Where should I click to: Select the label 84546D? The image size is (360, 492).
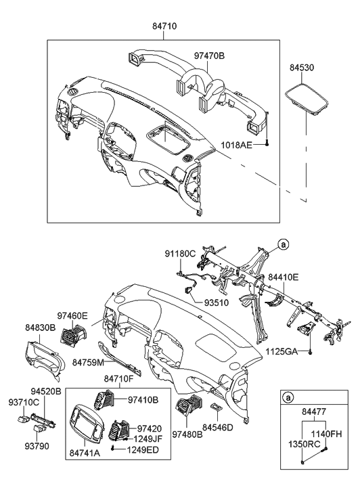218,427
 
